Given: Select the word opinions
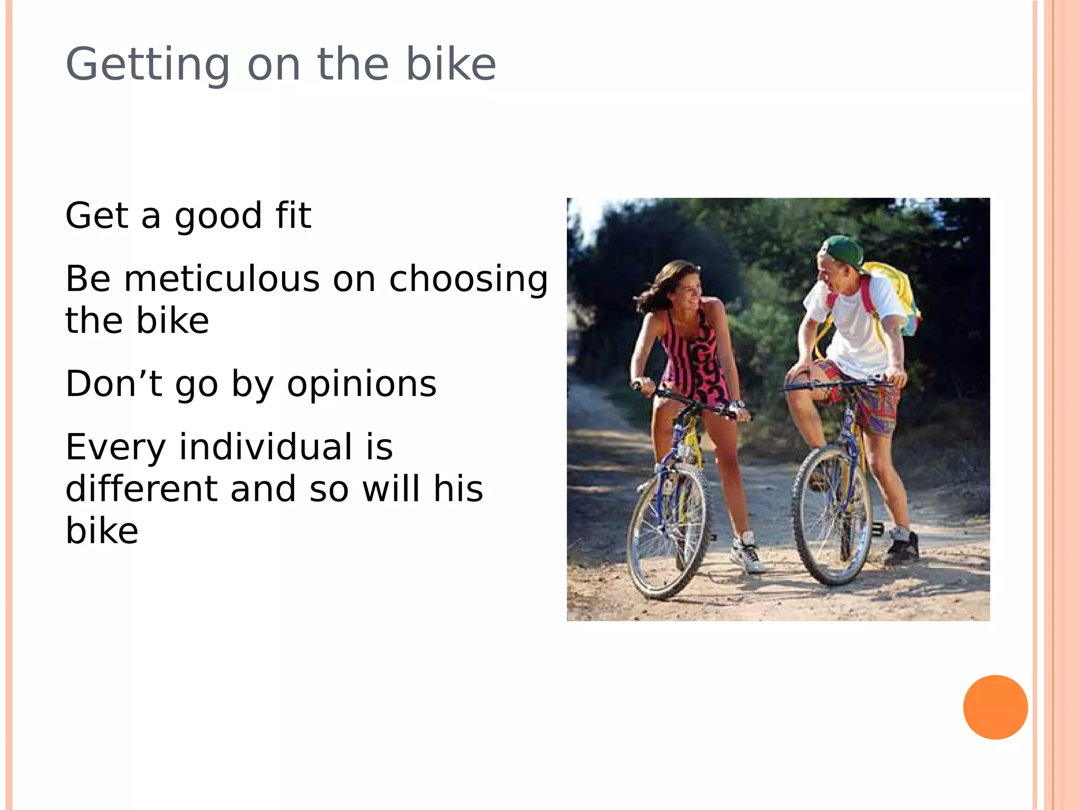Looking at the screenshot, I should (x=362, y=384).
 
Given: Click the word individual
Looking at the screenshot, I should (x=266, y=447).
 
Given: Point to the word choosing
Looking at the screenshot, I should (x=468, y=279).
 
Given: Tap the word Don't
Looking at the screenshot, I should (x=113, y=383).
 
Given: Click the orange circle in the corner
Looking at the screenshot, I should (x=995, y=707).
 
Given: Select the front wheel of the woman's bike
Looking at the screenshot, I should (x=667, y=533).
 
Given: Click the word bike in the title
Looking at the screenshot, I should (x=451, y=65).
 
